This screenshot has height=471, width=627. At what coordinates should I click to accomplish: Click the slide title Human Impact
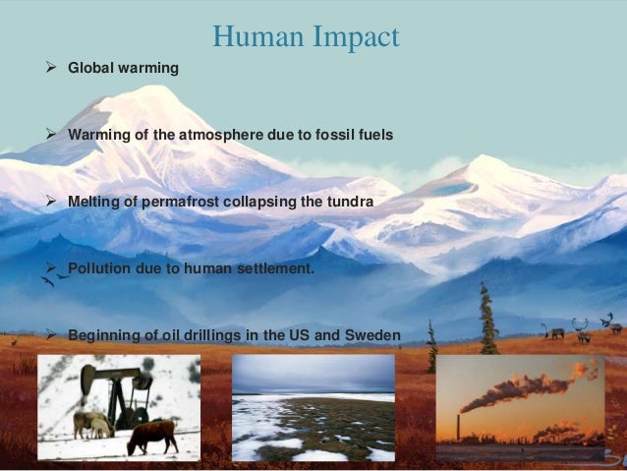pyautogui.click(x=306, y=37)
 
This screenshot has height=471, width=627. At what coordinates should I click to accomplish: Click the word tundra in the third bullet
pyautogui.click(x=351, y=201)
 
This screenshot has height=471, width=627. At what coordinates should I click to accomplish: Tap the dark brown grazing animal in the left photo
pyautogui.click(x=152, y=433)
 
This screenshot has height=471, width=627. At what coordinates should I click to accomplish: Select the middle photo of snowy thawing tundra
pyautogui.click(x=313, y=408)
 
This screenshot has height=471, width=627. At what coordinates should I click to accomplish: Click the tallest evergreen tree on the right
pyautogui.click(x=487, y=320)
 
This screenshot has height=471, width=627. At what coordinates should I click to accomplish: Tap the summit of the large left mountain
pyautogui.click(x=147, y=91)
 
